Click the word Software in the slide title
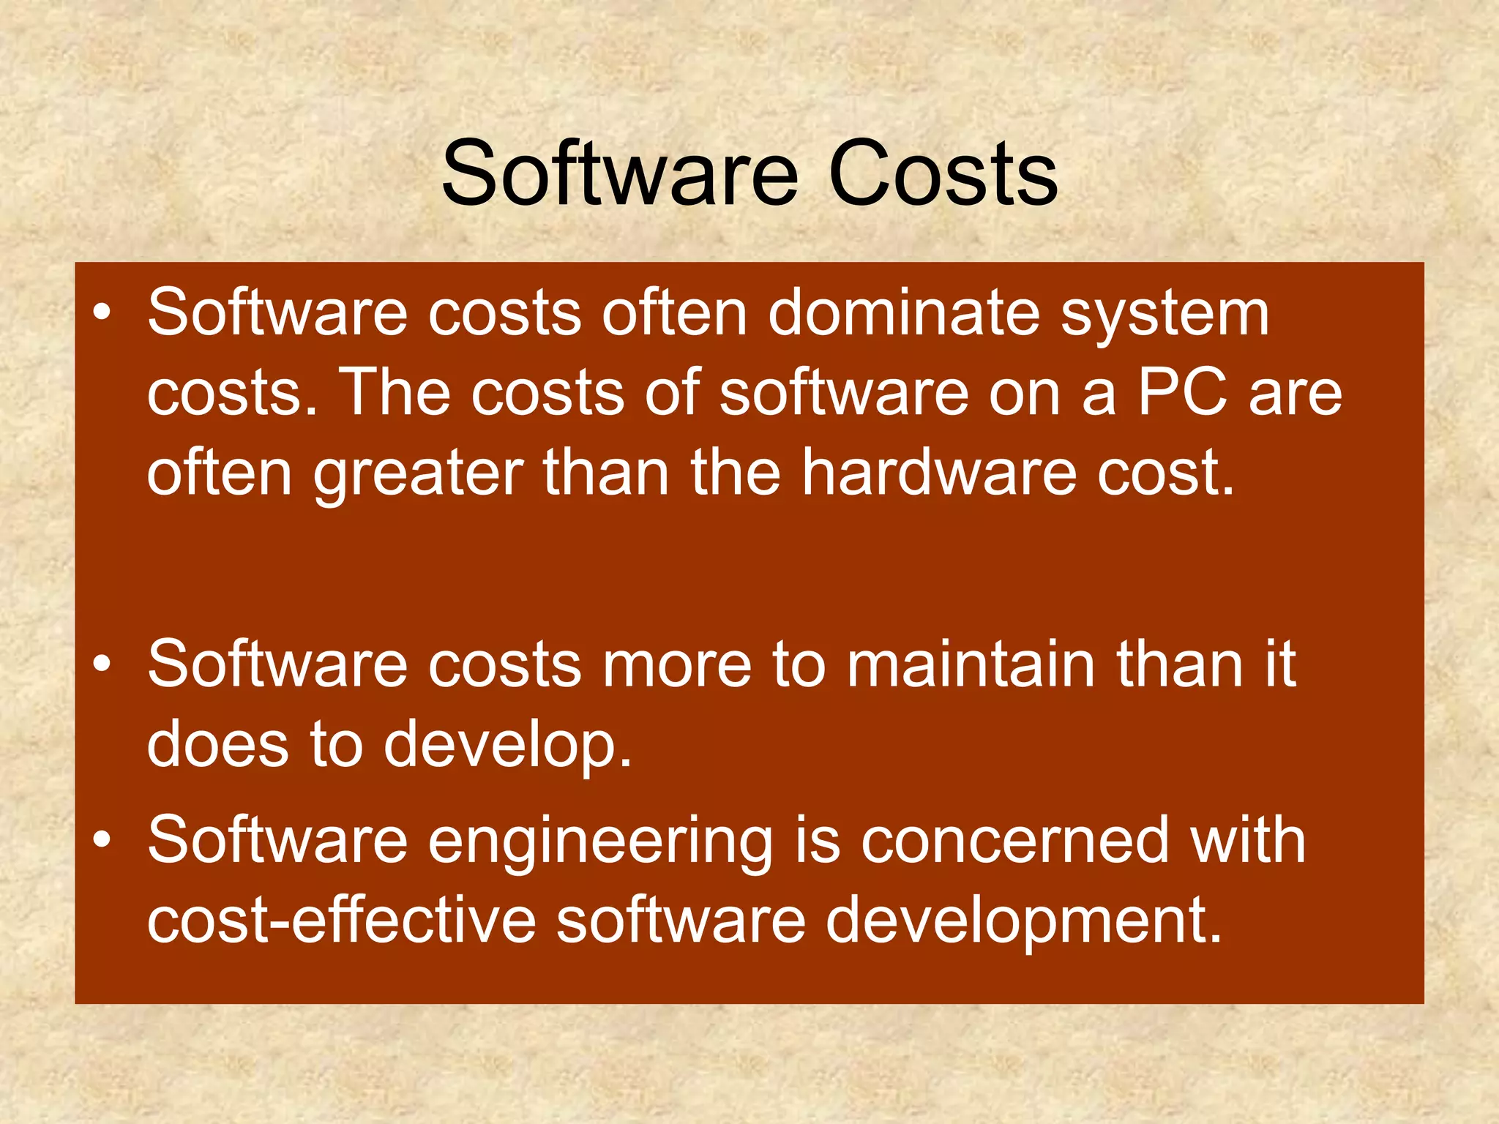click(619, 174)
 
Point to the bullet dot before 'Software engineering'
click(102, 840)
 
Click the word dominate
click(903, 313)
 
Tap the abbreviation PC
click(1181, 393)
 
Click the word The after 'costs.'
click(395, 393)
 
